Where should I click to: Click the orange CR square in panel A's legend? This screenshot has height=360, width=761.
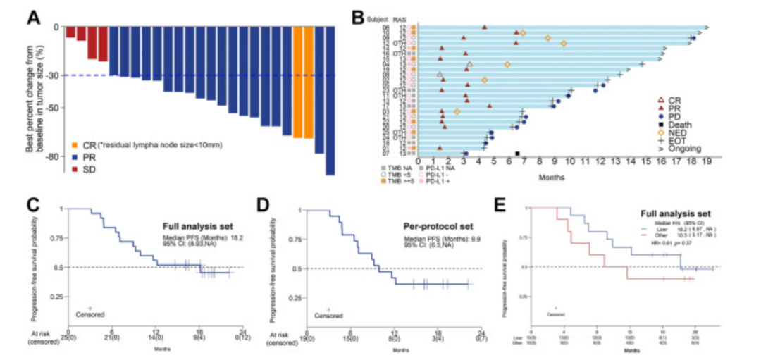click(x=75, y=145)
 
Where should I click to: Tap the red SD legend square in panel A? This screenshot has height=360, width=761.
click(x=75, y=170)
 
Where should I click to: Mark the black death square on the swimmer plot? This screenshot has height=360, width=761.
click(x=518, y=154)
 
